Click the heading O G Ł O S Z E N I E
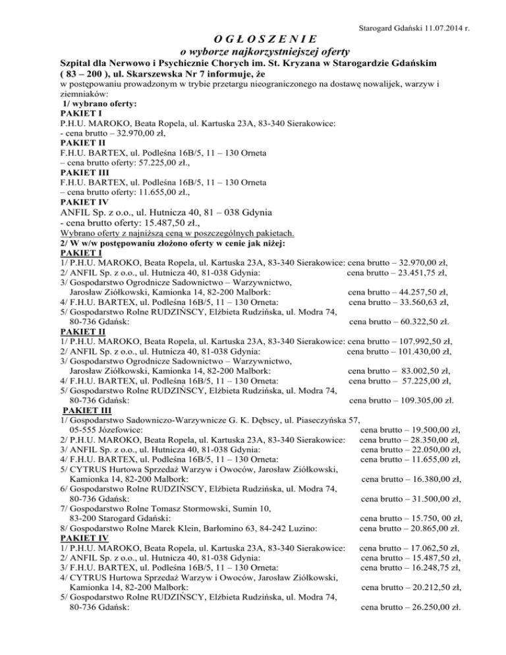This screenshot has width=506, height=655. tap(254, 38)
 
